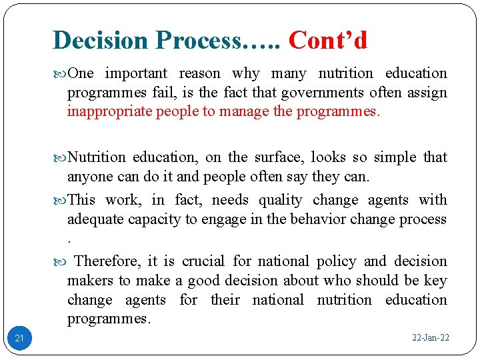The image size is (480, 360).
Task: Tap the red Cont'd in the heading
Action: [327, 40]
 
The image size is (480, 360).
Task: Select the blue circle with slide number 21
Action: [19, 339]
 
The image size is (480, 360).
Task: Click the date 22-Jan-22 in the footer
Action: [430, 338]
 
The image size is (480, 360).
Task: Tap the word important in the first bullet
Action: [137, 73]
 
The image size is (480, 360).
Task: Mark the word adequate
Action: [94, 219]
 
